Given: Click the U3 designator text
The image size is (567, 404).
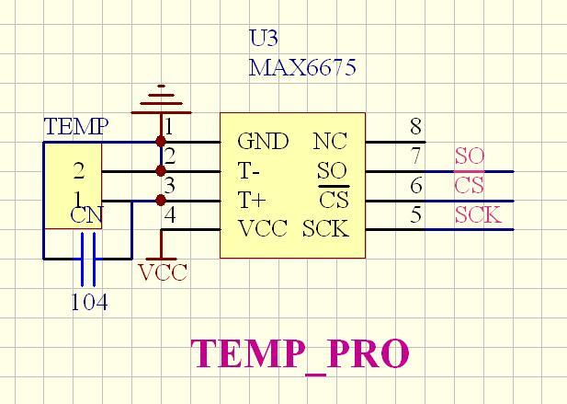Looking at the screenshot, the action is point(264,38).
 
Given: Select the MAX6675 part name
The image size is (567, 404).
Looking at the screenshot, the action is point(302,67).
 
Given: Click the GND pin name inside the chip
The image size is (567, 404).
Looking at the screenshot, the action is point(263,141).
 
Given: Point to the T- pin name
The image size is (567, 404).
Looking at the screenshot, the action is point(248,170).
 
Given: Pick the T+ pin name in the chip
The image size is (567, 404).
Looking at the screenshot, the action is point(252,200).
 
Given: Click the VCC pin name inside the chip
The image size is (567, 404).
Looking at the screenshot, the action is point(263,228).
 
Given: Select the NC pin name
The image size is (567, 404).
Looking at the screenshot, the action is point(330,141).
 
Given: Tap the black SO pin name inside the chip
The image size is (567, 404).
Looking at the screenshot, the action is point(332,170).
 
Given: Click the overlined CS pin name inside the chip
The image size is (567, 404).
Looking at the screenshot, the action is point(335,197).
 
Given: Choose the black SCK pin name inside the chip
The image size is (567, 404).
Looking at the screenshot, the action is point(326,228).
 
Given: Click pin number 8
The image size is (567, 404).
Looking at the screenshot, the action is point(416,126).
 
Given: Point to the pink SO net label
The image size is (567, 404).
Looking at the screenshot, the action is point(470,156).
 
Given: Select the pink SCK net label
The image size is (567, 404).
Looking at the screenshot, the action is point(478,214).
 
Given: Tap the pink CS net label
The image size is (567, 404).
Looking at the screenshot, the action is point(469,185).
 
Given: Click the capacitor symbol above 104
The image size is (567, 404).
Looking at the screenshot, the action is point(88,260).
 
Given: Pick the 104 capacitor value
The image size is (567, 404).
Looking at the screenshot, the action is point(89,302).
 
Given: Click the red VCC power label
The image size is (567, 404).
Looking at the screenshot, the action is point(163,272).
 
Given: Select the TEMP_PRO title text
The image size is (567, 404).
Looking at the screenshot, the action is point(300,353).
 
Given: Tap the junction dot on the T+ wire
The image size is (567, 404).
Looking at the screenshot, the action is point(161,201).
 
